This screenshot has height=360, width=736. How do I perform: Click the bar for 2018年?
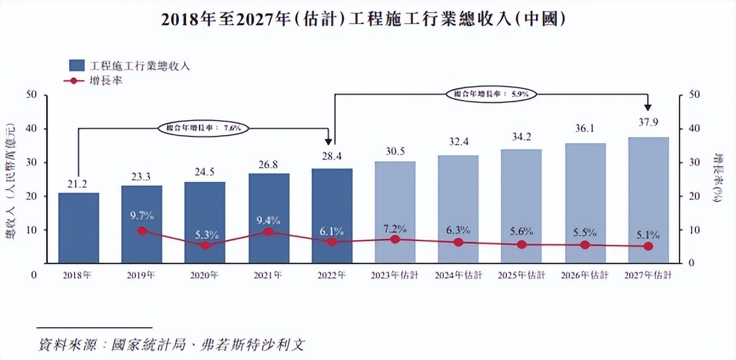(x=79, y=227)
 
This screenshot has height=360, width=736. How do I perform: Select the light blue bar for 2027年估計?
(x=648, y=200)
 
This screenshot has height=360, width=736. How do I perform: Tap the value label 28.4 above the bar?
(x=332, y=156)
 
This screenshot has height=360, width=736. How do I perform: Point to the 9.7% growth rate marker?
(x=142, y=230)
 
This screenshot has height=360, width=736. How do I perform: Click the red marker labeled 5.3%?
(x=206, y=245)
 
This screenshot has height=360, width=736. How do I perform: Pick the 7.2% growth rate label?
(x=395, y=228)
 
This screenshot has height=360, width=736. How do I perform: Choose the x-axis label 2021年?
(x=268, y=275)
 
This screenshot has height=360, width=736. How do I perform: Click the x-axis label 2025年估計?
(x=521, y=275)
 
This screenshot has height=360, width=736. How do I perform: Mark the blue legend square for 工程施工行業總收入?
(x=77, y=65)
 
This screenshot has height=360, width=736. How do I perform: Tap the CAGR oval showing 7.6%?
(x=203, y=128)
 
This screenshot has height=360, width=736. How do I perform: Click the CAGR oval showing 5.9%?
(x=492, y=94)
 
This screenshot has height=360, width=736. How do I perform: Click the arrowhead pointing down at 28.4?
(x=329, y=141)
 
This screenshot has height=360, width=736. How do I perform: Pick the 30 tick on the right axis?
(x=696, y=162)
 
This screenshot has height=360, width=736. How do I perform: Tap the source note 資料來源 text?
(x=170, y=345)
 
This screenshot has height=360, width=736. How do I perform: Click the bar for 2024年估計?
(x=458, y=209)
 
